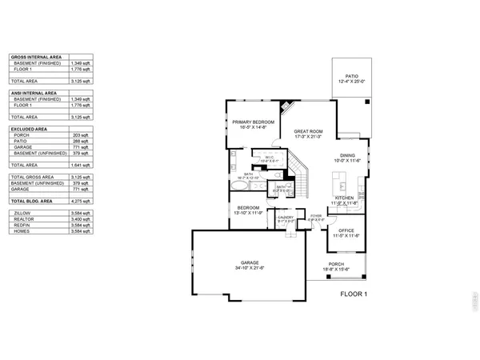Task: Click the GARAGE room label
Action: click(248, 262)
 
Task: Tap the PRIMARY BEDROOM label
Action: click(254, 122)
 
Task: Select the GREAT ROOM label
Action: click(308, 130)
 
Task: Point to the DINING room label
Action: click(347, 155)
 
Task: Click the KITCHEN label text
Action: click(345, 198)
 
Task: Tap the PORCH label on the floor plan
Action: click(337, 263)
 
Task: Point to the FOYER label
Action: click(316, 215)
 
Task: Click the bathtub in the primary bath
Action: click(238, 184)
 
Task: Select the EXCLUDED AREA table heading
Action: click(29, 128)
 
